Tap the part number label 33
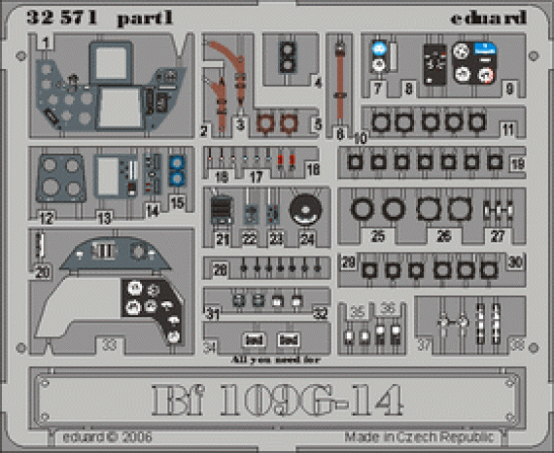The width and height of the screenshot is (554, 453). click(x=110, y=343)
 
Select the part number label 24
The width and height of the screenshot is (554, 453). click(x=308, y=237)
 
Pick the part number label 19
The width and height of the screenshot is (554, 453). click(x=516, y=163)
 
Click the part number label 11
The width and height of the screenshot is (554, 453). click(x=508, y=128)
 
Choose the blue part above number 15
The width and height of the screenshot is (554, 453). click(x=177, y=171)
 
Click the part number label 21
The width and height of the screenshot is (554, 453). click(x=223, y=237)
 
